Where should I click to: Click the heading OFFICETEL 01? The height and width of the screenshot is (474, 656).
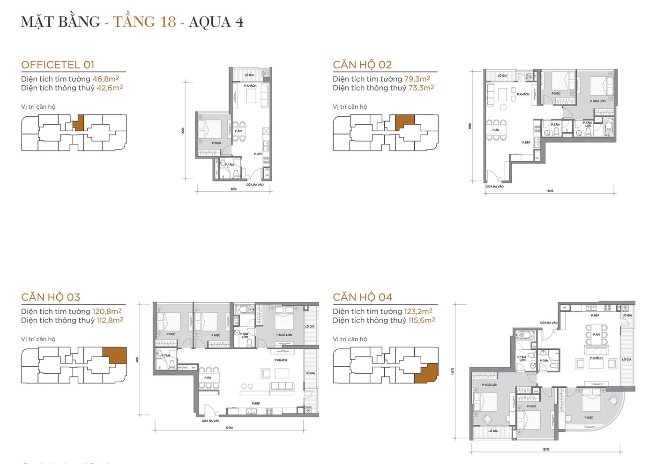point(58,65)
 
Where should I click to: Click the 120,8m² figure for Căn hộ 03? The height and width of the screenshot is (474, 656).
point(107,311)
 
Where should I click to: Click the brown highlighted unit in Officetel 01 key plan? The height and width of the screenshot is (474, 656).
point(79,123)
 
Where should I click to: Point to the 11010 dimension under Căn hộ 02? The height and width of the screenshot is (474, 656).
point(550,191)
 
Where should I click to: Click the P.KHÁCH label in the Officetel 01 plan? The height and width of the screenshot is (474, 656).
point(250,86)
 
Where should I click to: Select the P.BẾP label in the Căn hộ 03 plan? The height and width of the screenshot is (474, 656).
point(255,403)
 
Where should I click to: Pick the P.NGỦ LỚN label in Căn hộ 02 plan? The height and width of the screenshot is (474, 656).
point(598,101)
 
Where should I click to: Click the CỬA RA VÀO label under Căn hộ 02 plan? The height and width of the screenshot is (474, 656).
point(494,187)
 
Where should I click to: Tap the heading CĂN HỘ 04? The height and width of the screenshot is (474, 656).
point(363,297)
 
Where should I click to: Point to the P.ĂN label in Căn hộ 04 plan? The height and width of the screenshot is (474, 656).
point(596,335)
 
